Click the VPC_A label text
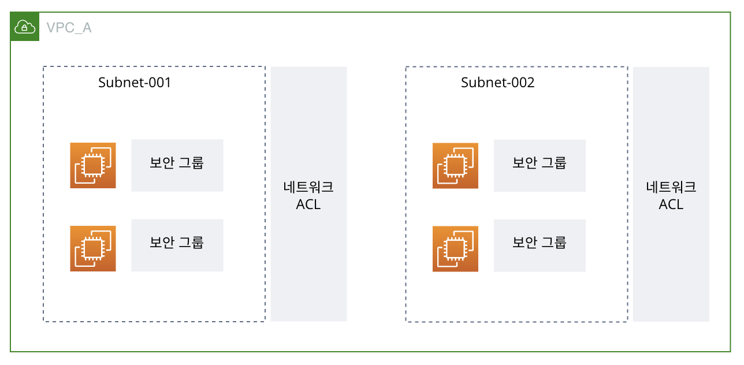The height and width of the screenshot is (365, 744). (69, 27)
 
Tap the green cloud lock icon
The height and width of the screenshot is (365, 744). (25, 27)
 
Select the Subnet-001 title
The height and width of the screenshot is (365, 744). (135, 83)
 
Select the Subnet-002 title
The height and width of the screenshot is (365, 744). (497, 83)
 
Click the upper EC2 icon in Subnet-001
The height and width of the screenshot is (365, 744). (93, 165)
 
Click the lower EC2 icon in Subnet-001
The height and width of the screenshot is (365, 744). (93, 248)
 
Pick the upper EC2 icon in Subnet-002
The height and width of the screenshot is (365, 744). (455, 165)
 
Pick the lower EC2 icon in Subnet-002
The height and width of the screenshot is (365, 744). (455, 248)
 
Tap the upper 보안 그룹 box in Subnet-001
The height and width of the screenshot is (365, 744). (177, 165)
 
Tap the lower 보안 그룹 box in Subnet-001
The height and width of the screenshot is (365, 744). (177, 245)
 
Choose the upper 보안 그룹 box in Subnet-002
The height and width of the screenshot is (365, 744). (540, 165)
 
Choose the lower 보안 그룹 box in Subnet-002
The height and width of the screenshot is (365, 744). (540, 245)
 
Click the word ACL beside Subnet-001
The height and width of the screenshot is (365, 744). (308, 204)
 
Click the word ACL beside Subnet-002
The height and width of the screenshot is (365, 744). (671, 204)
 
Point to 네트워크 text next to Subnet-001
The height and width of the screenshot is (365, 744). (308, 188)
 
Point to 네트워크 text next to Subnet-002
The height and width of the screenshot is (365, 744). (671, 188)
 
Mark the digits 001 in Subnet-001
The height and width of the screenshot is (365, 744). (159, 83)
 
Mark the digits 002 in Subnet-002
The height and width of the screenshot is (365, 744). (522, 83)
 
